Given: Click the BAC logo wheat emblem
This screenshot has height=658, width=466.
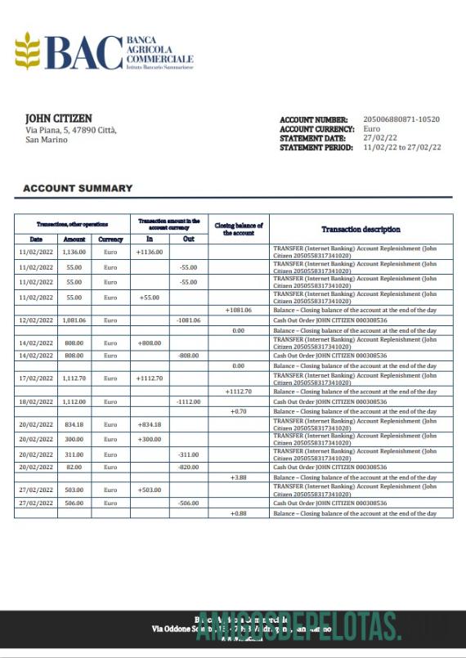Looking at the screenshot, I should coord(28,50).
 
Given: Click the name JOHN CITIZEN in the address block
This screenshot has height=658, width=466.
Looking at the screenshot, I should coord(58,119).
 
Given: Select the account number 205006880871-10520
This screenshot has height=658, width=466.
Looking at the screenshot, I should coord(401,119).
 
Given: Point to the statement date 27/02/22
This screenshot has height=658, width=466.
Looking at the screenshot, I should coord(379,138).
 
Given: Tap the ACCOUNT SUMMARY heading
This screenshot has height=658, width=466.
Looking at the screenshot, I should coord(78,188).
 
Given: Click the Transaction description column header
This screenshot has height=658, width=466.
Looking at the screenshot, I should coord(361,230).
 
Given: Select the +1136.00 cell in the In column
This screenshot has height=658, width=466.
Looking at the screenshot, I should coord(150,252).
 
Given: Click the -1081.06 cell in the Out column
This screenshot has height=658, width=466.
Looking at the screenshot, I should coord(189,320).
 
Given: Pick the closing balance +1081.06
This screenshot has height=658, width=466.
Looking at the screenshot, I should coord(239,311).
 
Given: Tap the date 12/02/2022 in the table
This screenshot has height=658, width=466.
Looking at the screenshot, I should coord(36,320).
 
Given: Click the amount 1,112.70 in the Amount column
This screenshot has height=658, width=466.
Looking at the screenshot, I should coord(74,378).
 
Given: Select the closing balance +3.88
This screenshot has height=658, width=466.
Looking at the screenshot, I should coord(239,477).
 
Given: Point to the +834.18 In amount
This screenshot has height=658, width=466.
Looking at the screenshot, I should coord(150,424).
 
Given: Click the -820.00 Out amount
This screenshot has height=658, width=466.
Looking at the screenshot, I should coord(189,468).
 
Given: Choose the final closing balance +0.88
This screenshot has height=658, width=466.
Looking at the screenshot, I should coord(239,513).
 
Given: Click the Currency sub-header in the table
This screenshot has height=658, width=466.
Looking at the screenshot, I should coord(110,239).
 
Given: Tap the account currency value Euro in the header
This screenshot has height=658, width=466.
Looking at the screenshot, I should coord(371,129).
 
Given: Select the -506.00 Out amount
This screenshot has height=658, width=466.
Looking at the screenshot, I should coord(189,504).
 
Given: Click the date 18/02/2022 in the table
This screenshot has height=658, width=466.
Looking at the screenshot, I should coord(36,401).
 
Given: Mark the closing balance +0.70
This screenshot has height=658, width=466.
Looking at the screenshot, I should coord(239,411).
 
